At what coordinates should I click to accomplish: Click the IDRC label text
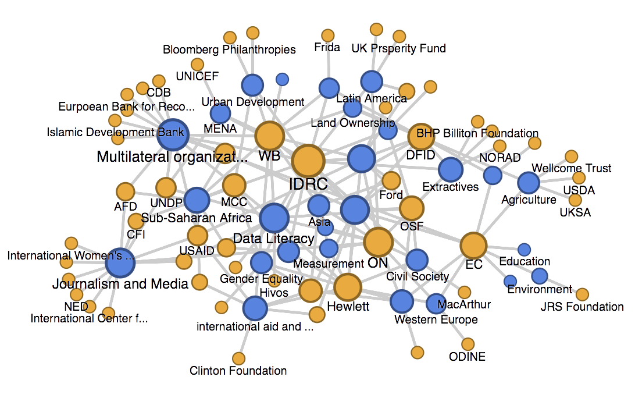coord(308,184)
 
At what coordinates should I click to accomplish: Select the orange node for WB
coord(269,136)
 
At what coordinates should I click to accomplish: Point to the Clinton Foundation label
coord(238,371)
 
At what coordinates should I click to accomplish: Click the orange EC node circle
coord(473,246)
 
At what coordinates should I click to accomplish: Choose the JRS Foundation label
coord(582,307)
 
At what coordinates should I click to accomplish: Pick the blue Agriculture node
coord(529,183)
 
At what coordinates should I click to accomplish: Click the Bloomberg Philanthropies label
coord(229,49)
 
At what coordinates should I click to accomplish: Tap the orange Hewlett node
coord(348,287)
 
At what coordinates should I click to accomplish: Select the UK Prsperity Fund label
coord(399,48)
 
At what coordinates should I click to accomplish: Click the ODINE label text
coord(468,357)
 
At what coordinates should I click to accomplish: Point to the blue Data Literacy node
coord(274,218)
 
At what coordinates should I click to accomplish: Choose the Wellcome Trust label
coord(572,168)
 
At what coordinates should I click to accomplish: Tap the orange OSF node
coord(412,208)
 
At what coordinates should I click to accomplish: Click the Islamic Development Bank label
coord(115,133)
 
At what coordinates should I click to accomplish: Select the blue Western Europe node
coord(401,302)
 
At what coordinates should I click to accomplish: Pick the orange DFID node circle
coord(420,137)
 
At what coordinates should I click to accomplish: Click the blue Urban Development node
coord(253,84)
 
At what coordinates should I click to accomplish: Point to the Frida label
coord(327,47)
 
